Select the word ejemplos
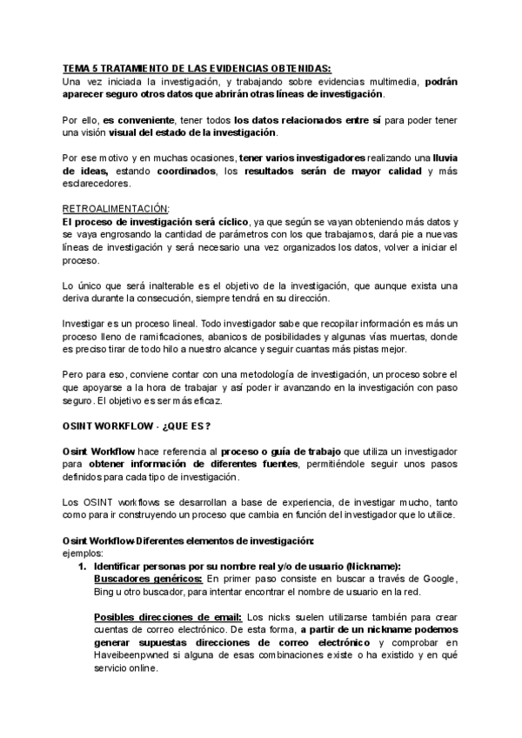click(x=84, y=552)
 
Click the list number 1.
click(x=83, y=565)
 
